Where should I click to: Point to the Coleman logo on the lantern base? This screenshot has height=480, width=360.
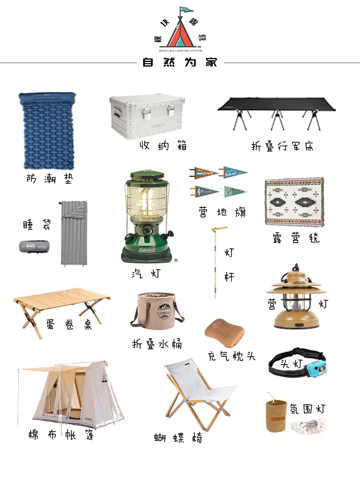pos(147,250)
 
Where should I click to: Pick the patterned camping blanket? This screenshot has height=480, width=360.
pos(294,202)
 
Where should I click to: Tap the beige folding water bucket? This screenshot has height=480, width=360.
pos(157,312)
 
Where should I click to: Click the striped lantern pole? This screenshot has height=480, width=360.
pos(215,260)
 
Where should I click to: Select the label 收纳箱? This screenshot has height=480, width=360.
pos(163,145)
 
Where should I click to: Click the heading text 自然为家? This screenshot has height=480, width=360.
pos(180,62)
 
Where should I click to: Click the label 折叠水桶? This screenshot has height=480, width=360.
pos(157,344)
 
